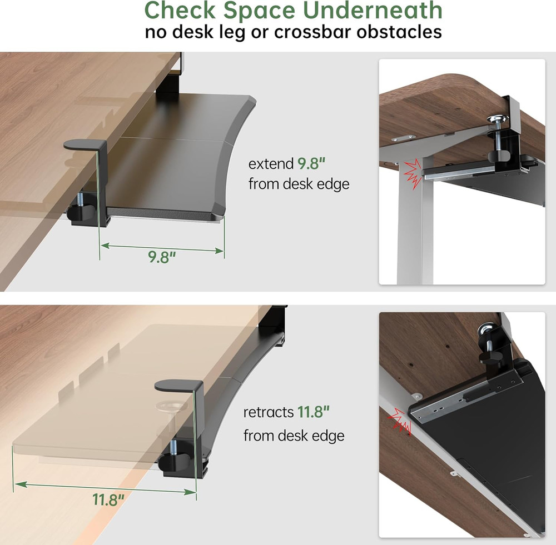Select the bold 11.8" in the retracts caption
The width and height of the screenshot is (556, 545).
point(314,412)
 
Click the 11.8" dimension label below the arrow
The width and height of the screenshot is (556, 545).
point(108,499)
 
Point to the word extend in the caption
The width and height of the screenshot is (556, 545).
point(270,164)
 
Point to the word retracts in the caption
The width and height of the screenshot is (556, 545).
point(268,412)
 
